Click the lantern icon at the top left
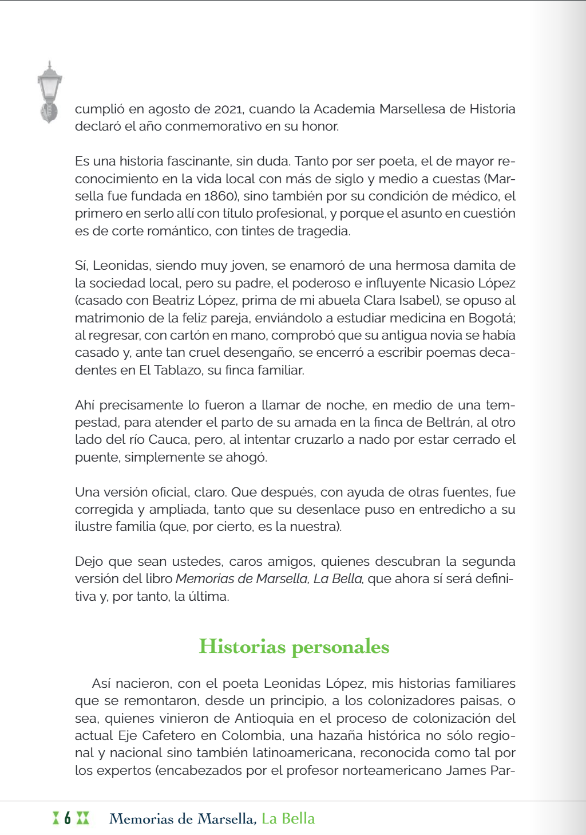coord(49,92)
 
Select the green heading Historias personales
coord(294,647)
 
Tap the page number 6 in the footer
coord(68,818)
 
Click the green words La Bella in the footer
coord(288,818)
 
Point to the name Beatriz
coord(173,301)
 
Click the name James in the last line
coord(466,770)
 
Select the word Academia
coord(345,109)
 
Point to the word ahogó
coord(247,458)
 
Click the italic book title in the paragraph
coord(269,579)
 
